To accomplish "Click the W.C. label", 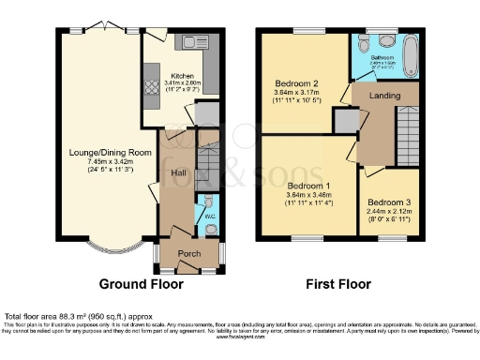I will coord(210,221).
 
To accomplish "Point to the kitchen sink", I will coord(198,41).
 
